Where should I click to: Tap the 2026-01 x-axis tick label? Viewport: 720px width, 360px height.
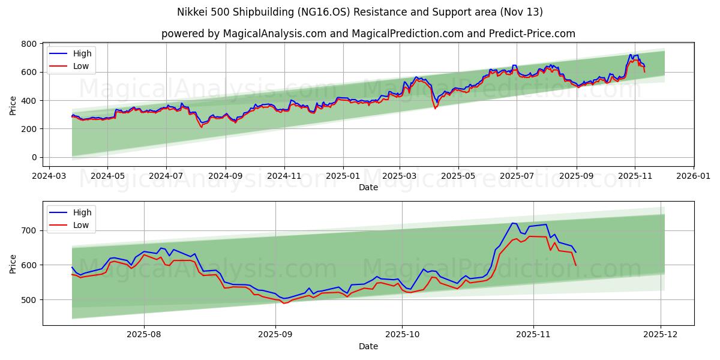(x=694, y=177)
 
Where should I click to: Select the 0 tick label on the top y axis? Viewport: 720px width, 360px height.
(x=34, y=157)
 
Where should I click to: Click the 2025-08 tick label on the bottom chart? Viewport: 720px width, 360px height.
(x=144, y=336)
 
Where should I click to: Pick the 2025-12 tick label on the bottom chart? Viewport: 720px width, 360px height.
(x=661, y=336)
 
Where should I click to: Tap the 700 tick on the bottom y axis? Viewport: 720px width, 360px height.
(x=30, y=230)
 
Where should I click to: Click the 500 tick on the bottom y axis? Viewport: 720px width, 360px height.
(x=30, y=299)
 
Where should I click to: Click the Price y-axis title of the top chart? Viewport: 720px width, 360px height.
(x=13, y=105)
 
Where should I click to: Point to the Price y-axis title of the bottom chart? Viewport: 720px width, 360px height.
(x=13, y=264)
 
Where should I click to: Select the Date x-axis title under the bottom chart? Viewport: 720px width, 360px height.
(x=368, y=346)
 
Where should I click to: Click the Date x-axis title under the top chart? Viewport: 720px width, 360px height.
(x=368, y=187)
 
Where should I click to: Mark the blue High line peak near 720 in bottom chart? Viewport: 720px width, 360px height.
(x=512, y=223)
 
